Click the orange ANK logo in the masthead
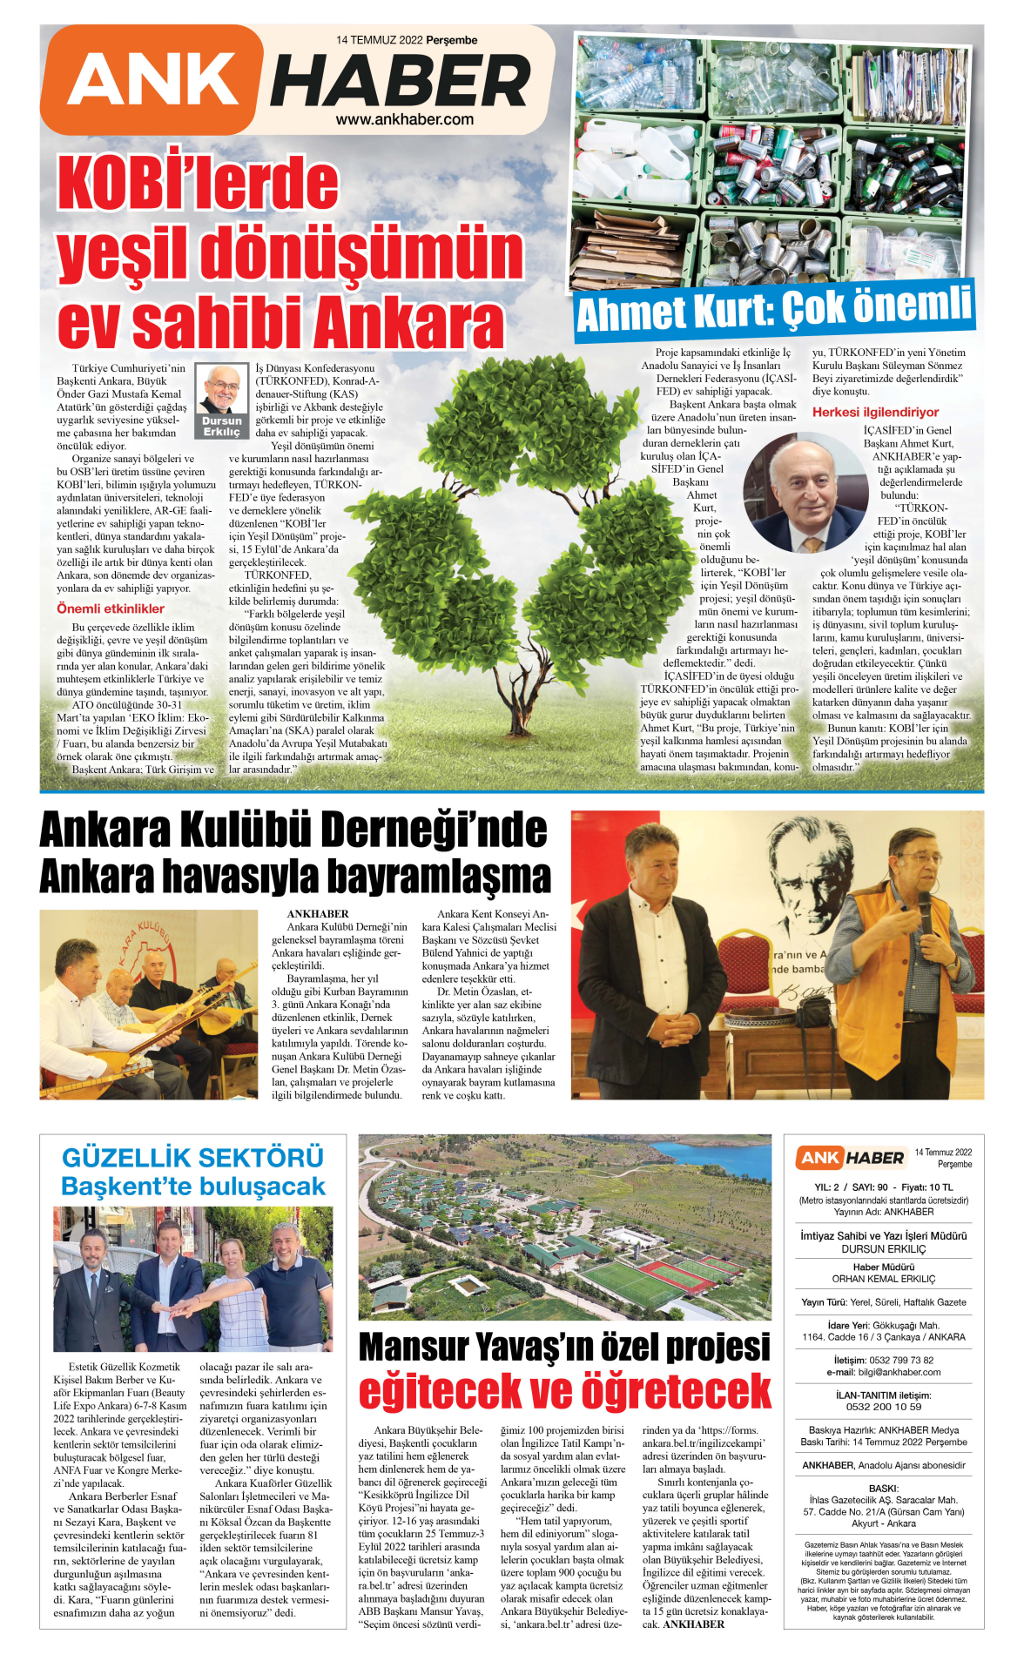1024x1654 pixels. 152,79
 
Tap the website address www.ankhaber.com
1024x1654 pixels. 405,120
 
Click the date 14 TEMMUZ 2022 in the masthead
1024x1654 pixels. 380,40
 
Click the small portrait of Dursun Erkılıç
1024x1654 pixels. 221,389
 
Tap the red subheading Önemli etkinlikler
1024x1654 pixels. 111,608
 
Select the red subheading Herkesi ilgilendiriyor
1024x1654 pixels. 875,412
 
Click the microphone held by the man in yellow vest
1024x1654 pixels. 925,906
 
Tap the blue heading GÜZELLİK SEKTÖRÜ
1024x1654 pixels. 192,1158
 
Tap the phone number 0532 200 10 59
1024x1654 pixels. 883,1406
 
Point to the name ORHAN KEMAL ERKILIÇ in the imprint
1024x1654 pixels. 883,1279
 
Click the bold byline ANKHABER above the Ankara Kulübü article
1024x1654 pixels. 318,914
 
